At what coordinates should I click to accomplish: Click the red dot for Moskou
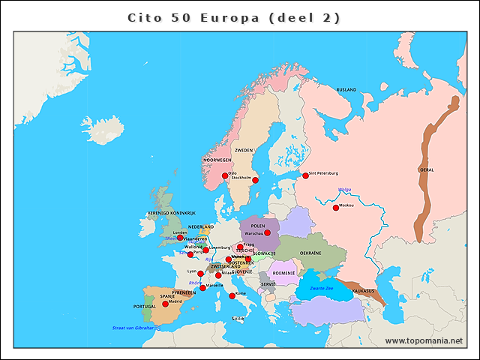coord(336,208)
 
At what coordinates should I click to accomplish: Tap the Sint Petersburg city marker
coord(305,175)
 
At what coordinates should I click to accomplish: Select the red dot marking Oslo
coord(224,176)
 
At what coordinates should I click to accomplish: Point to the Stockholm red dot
coord(254,181)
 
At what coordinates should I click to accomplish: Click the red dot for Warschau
coord(267,233)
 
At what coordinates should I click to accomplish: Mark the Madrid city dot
coord(166,304)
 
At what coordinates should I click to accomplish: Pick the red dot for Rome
coord(232,296)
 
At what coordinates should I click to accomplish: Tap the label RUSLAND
coord(346,90)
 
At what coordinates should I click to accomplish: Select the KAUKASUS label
coord(363,290)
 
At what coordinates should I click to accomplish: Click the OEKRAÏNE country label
coord(310,253)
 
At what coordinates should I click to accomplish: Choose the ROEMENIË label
coord(284,273)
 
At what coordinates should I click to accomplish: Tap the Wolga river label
coord(345,190)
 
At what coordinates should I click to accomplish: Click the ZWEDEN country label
coord(244,150)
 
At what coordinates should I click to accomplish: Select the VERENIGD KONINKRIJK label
coord(170,214)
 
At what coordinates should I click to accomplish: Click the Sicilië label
coord(237,319)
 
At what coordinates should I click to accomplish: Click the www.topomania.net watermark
coord(424,341)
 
